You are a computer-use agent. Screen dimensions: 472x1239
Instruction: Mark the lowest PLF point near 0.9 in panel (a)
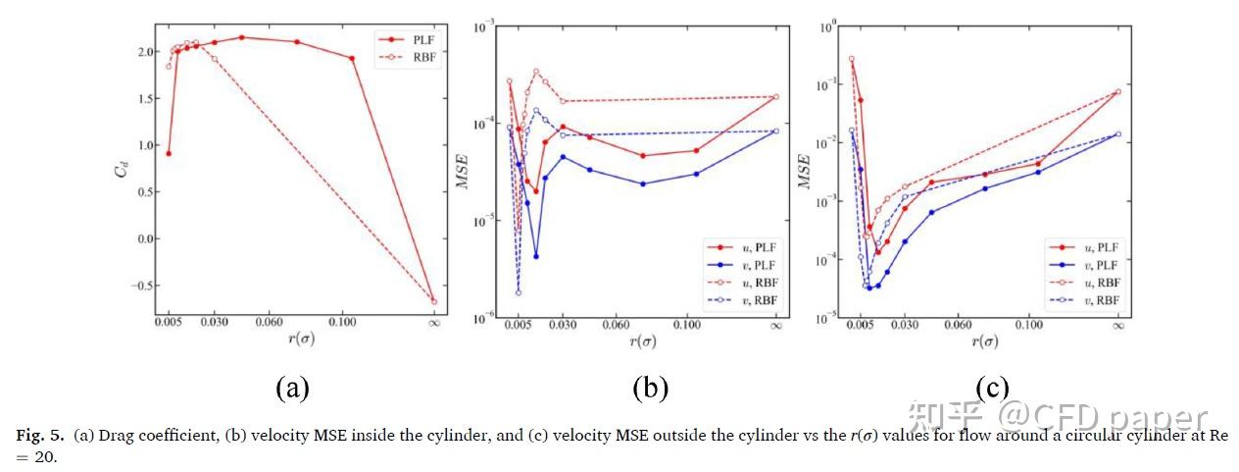pos(169,153)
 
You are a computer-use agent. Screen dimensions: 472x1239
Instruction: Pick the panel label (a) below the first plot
pos(292,388)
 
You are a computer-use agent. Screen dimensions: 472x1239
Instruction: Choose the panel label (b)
pos(650,388)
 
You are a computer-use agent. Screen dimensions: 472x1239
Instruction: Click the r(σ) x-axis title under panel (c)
pos(984,341)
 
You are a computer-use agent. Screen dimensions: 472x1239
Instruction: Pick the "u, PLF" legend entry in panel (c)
pos(1095,247)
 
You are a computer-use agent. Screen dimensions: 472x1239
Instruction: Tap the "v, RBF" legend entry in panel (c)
pos(1095,299)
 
